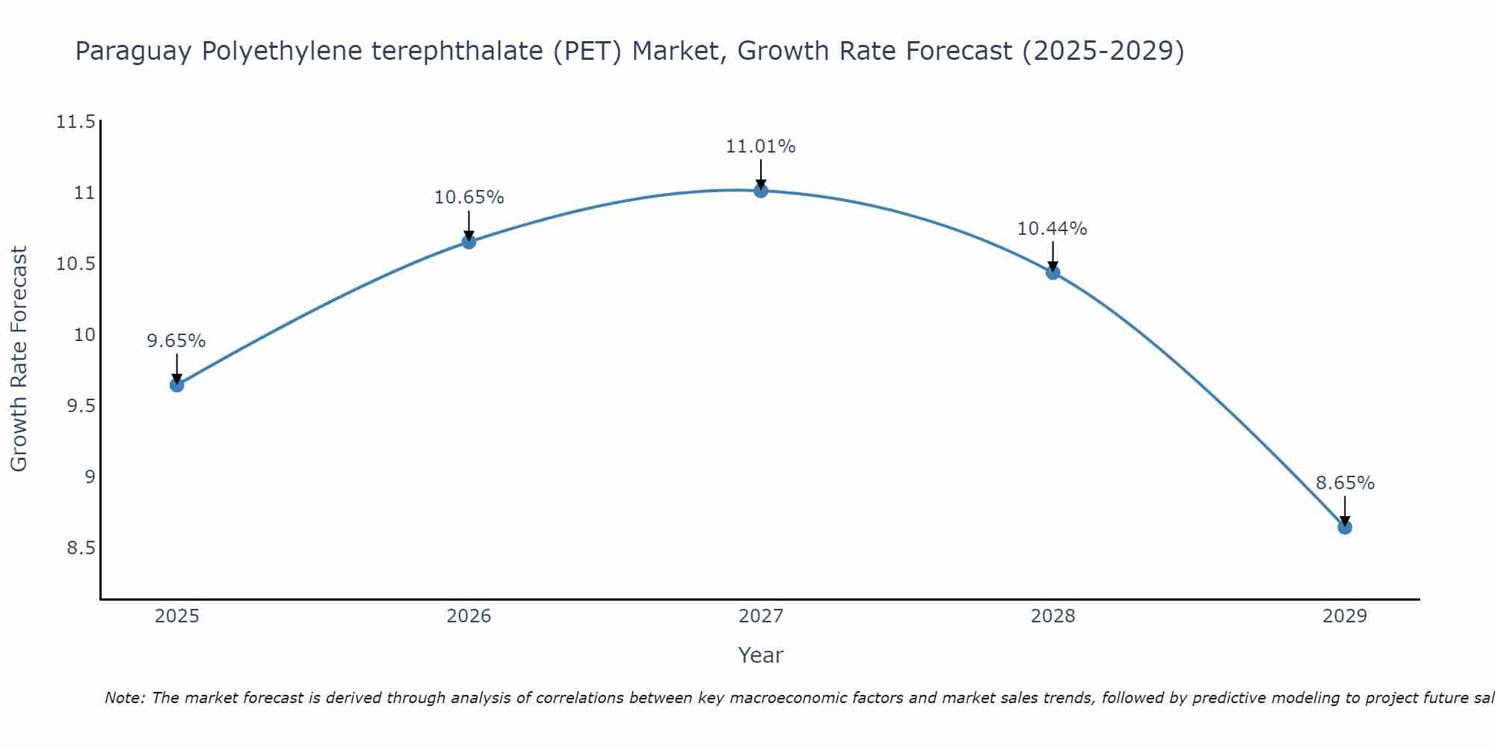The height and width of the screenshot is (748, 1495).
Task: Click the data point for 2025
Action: click(x=177, y=384)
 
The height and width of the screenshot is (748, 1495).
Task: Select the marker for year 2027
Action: click(x=761, y=191)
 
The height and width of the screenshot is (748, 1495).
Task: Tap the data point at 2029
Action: click(x=1345, y=527)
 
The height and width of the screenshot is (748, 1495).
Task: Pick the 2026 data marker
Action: click(x=469, y=242)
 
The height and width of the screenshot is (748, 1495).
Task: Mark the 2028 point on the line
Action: click(x=1052, y=272)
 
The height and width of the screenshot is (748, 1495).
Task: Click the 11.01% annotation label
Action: click(x=761, y=147)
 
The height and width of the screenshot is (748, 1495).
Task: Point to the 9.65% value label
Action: click(x=176, y=341)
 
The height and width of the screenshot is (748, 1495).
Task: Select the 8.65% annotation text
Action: click(x=1345, y=483)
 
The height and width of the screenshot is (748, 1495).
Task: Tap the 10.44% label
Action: click(x=1052, y=229)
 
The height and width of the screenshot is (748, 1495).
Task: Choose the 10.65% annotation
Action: click(x=469, y=197)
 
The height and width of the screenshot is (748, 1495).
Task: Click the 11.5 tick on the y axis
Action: click(x=76, y=122)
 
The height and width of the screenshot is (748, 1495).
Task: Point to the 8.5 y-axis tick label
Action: click(x=81, y=548)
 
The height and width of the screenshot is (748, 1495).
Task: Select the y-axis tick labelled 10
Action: click(x=85, y=335)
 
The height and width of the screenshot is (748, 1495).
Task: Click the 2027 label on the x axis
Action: click(x=761, y=616)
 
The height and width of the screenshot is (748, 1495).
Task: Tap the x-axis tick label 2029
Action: click(x=1345, y=616)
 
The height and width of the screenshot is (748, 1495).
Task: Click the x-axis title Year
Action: click(x=761, y=655)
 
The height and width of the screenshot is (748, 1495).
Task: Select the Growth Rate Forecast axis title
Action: click(x=19, y=358)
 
